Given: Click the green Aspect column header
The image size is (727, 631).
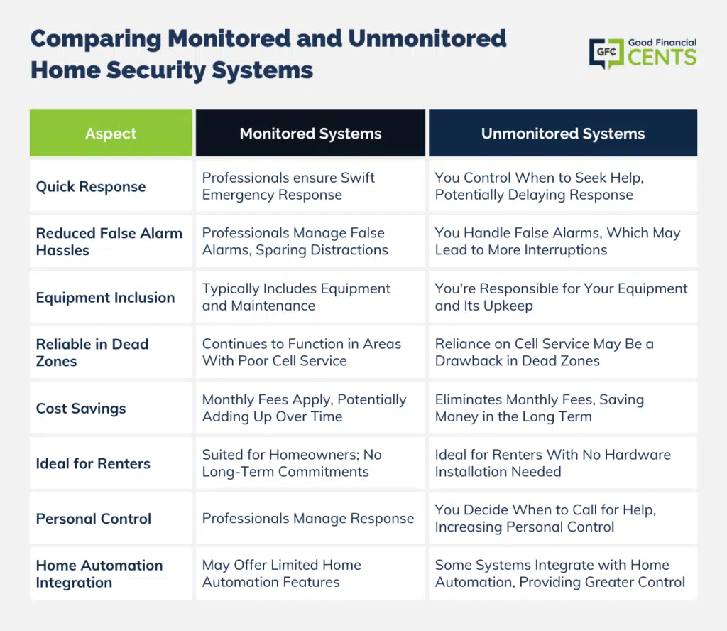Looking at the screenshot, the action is click(x=111, y=133).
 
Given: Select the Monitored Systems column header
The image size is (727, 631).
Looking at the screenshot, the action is click(x=310, y=133).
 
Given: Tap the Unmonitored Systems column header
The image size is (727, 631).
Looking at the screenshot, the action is click(x=563, y=133).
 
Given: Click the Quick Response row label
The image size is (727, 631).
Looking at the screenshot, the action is click(x=91, y=186).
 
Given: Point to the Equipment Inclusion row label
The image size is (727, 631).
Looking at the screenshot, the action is click(x=105, y=298).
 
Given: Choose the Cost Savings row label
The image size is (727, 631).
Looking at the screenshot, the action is click(x=81, y=409).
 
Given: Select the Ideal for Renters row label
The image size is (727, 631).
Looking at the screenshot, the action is click(x=93, y=463).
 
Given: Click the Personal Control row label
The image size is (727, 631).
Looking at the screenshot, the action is click(x=94, y=519).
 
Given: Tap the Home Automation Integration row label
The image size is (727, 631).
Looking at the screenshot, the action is click(x=99, y=574).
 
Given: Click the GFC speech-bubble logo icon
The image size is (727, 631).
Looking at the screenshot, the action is click(x=606, y=53).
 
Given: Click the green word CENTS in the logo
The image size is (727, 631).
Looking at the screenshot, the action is click(x=662, y=58).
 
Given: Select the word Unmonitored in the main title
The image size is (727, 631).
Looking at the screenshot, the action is click(x=427, y=38).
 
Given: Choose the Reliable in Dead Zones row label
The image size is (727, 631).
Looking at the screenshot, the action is click(x=92, y=352).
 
